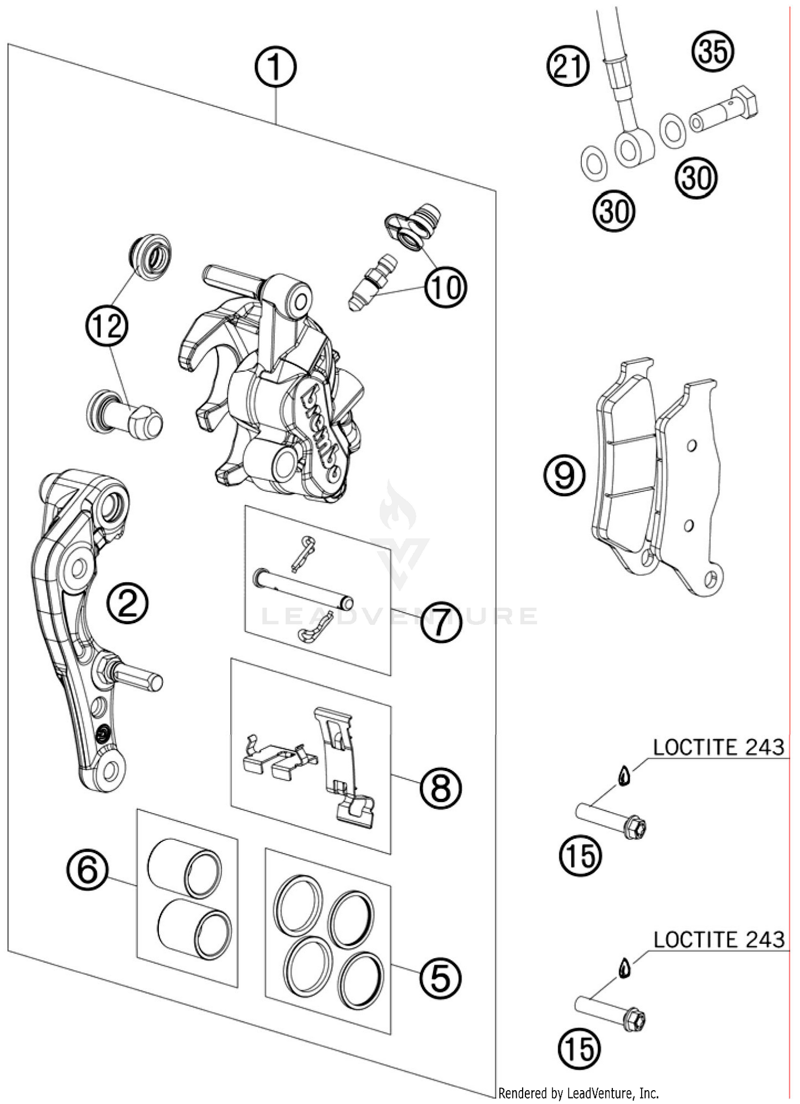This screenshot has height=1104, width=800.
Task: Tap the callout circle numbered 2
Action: (127, 603)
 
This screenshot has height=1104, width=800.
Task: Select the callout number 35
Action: (713, 52)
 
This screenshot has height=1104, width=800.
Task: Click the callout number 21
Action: (568, 67)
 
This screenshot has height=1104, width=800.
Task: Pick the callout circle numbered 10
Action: (445, 288)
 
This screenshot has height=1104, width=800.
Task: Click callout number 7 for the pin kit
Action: (441, 622)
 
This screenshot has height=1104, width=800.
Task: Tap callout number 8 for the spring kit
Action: (441, 788)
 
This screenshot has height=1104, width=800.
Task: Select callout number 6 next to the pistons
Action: (87, 869)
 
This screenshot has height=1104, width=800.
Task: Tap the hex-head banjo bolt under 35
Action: (725, 109)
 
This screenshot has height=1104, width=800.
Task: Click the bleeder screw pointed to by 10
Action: (372, 281)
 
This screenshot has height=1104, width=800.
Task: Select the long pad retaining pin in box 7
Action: (302, 587)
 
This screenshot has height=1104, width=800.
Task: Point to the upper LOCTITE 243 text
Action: (718, 748)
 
